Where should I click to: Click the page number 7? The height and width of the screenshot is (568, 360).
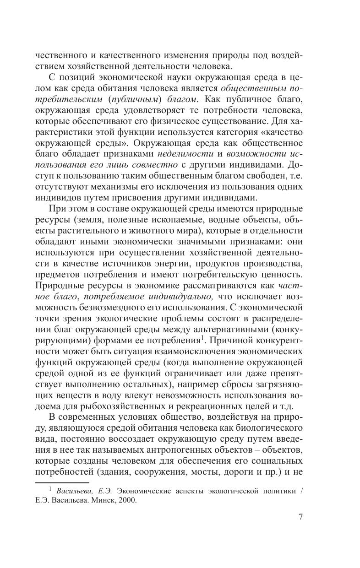pyautogui.click(x=300, y=517)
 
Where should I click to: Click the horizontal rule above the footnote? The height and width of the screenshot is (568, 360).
pyautogui.click(x=62, y=482)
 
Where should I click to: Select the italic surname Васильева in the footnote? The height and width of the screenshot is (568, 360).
pyautogui.click(x=75, y=490)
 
